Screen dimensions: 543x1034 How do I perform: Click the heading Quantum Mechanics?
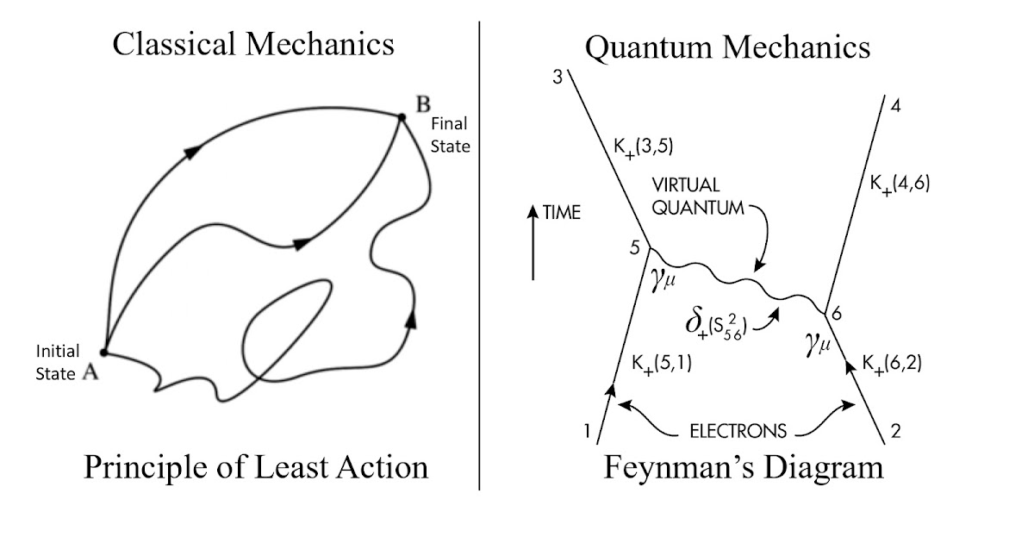(x=727, y=47)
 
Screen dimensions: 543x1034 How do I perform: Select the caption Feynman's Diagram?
(x=744, y=467)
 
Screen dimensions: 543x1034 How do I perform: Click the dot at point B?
(x=402, y=117)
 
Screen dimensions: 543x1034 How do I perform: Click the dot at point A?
(x=103, y=352)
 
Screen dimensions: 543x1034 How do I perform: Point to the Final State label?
(x=450, y=135)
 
